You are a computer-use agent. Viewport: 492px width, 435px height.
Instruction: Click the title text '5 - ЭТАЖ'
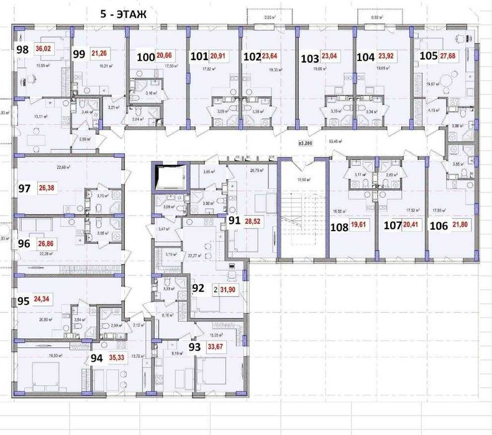(123, 16)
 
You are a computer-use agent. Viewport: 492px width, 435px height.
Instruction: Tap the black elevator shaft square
(170, 177)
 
